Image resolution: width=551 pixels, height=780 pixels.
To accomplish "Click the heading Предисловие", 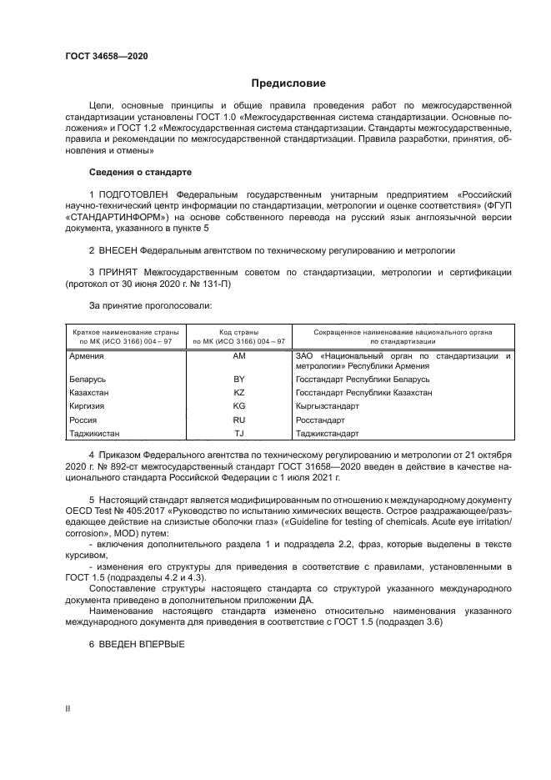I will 288,83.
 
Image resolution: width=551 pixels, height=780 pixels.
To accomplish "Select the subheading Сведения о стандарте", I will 140,172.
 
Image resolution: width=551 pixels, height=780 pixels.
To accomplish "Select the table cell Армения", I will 86,356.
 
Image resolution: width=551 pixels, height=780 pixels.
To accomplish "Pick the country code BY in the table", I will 238,379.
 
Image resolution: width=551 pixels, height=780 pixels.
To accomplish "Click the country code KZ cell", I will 238,392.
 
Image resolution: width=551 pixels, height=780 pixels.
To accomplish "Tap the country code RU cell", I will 238,420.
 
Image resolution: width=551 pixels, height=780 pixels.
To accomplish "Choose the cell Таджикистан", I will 94,433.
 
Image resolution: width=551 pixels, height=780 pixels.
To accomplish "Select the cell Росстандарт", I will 320,420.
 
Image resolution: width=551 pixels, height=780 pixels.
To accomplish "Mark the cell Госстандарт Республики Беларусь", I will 362,379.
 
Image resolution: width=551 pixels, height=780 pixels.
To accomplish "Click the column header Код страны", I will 238,332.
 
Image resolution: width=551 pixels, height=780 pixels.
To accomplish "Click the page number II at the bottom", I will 68,707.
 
